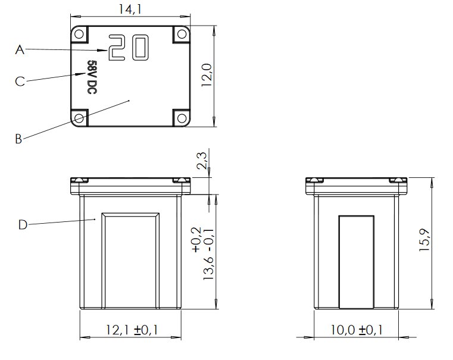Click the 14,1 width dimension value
130,10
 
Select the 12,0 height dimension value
207,75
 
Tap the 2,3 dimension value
202,161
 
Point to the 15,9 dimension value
424,240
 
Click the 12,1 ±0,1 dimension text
132,330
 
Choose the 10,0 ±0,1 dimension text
356,330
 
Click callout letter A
20,50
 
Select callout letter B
18,139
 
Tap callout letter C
20,81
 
